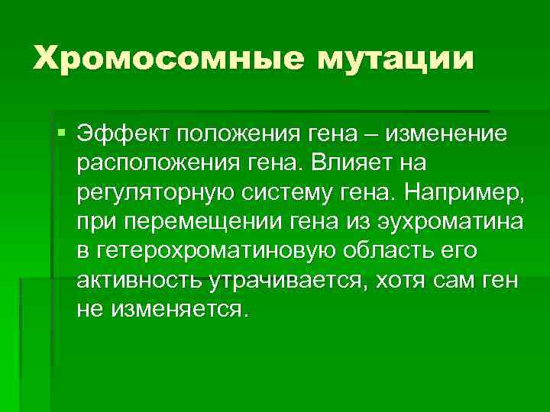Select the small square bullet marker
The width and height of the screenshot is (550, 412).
coord(61,135)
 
